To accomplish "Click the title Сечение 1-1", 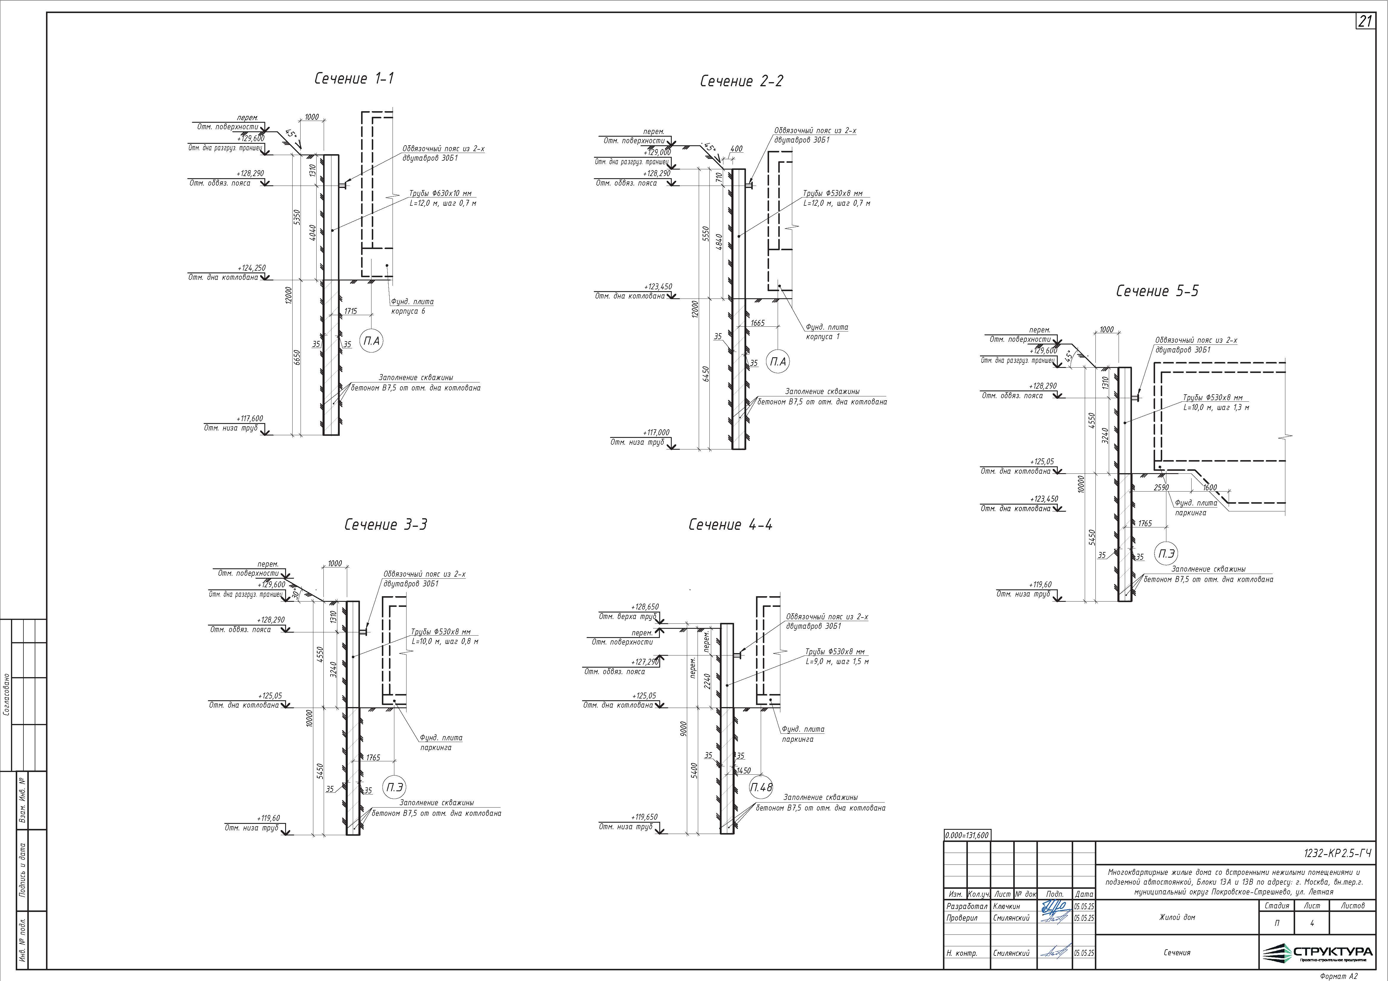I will [354, 79].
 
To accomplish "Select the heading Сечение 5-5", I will [1157, 291].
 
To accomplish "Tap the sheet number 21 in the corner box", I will [1365, 22].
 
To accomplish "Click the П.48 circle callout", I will [761, 788].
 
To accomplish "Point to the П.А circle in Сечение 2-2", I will [778, 362].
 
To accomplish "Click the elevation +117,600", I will [250, 418].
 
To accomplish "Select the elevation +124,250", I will [252, 268].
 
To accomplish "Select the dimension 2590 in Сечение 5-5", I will [1161, 487].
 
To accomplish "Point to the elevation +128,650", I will [644, 607].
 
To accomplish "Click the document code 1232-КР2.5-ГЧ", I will [1337, 854].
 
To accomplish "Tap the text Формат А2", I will [1339, 976].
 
